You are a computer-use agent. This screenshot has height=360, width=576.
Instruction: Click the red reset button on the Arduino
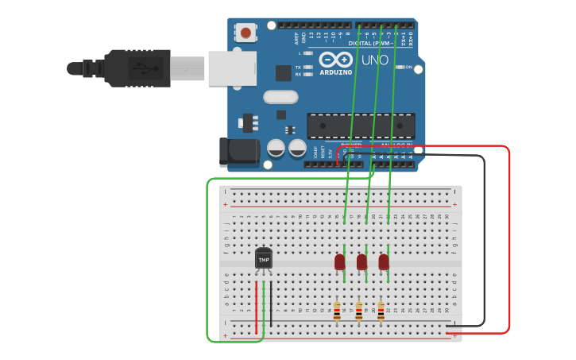246,33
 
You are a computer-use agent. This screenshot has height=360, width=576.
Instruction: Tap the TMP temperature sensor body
263,259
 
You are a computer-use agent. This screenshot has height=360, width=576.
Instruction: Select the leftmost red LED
340,261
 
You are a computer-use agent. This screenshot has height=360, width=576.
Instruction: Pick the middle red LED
362,261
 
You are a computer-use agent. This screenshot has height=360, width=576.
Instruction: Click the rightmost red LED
384,261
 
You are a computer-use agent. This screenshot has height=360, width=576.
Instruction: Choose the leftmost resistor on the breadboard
337,311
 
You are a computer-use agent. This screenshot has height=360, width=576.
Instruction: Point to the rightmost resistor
381,311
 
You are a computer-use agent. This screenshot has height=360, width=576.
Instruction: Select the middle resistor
358,311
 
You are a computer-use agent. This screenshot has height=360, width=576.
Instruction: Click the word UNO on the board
375,60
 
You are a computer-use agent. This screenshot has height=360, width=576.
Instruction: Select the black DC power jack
238,152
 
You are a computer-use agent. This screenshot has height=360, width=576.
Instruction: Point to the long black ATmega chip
361,126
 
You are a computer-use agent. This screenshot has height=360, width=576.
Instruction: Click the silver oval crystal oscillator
280,97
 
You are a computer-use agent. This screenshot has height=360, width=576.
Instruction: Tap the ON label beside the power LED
408,68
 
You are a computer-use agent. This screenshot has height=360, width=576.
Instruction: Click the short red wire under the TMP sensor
256,306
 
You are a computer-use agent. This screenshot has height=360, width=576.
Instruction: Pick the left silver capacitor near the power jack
276,148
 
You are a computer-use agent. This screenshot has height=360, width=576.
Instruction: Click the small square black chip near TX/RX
284,72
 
